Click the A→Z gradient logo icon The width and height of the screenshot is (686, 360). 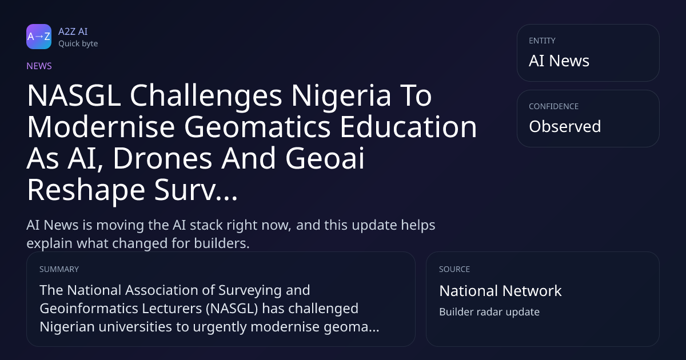pyautogui.click(x=39, y=37)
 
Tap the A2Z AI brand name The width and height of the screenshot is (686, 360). pyautogui.click(x=73, y=31)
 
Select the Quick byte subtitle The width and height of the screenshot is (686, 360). pyautogui.click(x=78, y=44)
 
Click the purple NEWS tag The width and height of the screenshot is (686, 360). pyautogui.click(x=39, y=66)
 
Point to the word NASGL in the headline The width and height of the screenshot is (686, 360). pyautogui.click(x=74, y=95)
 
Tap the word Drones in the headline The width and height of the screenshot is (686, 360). pyautogui.click(x=163, y=158)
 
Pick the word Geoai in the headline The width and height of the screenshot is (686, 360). pyautogui.click(x=325, y=158)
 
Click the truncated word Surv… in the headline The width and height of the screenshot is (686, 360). pyautogui.click(x=196, y=190)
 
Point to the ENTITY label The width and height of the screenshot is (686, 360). pyautogui.click(x=542, y=41)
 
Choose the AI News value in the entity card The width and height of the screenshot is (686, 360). pyautogui.click(x=559, y=61)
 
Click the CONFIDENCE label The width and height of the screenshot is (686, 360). pyautogui.click(x=554, y=106)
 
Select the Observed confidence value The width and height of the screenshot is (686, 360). pyautogui.click(x=565, y=126)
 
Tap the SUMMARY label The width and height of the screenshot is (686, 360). pyautogui.click(x=59, y=269)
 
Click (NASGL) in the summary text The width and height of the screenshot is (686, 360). pyautogui.click(x=232, y=309)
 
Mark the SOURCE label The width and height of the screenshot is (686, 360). pyautogui.click(x=454, y=269)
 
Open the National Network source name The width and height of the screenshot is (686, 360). pyautogui.click(x=500, y=291)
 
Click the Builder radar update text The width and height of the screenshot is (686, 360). pyautogui.click(x=489, y=312)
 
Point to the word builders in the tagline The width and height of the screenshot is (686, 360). pyautogui.click(x=222, y=243)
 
